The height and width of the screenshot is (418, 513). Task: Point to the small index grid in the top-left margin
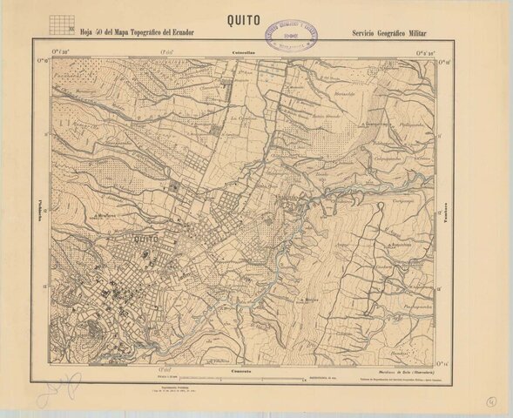(60, 23)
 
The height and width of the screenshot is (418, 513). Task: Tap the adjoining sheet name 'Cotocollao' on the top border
(243, 54)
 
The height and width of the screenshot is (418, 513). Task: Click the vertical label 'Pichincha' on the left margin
(42, 210)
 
